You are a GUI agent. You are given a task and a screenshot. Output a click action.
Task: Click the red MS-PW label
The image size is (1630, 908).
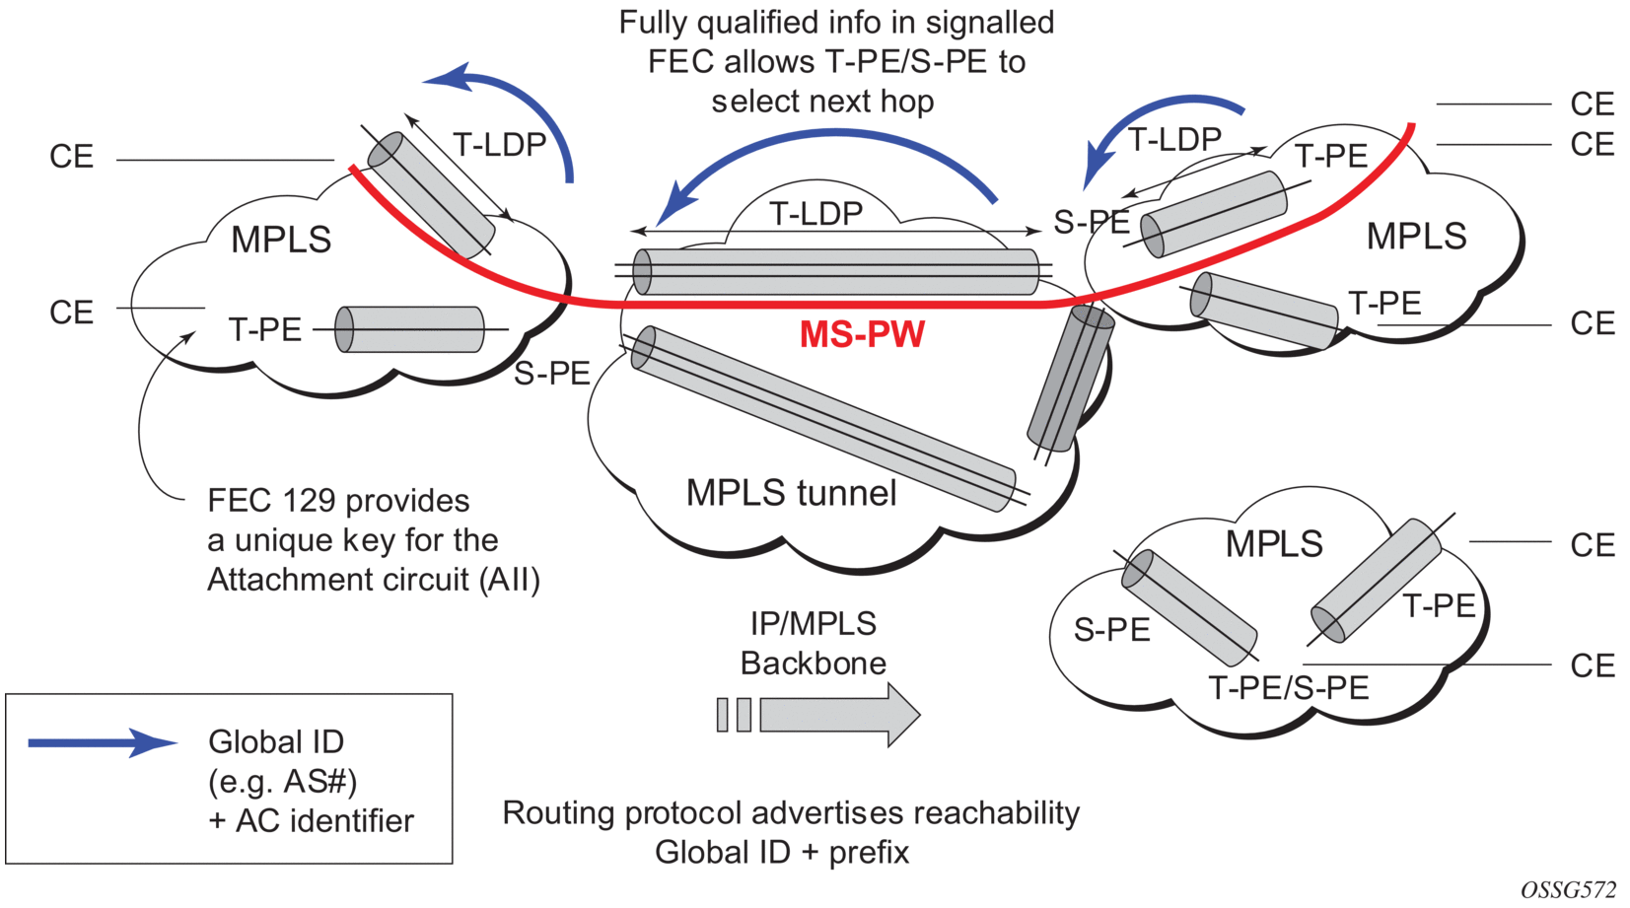tap(862, 334)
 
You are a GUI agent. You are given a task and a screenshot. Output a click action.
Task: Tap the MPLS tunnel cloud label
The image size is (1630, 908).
tap(791, 492)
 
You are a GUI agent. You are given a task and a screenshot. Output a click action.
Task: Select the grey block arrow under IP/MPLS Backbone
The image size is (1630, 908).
tap(839, 714)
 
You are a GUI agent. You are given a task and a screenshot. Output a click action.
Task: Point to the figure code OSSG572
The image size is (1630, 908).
tap(1568, 889)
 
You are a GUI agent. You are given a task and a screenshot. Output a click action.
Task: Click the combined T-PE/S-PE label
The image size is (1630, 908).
tap(1288, 687)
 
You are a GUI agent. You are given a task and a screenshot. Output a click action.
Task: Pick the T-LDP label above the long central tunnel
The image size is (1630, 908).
tap(815, 213)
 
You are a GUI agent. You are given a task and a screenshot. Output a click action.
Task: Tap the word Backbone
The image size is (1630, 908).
tap(813, 663)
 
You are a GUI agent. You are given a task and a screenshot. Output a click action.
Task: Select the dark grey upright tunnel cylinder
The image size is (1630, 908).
tap(1070, 380)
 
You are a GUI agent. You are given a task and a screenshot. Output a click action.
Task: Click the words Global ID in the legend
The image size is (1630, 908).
tap(276, 741)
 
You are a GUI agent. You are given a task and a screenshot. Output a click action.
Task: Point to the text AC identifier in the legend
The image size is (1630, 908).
tap(324, 820)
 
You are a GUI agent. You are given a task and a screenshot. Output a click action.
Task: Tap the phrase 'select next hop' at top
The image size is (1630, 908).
tap(822, 101)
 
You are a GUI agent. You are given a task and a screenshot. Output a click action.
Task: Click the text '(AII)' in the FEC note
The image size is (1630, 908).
tap(510, 580)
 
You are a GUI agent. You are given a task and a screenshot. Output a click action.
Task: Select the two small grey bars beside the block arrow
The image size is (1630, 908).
tap(734, 714)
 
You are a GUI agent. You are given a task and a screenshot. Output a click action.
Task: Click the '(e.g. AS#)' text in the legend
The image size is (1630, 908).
tap(282, 781)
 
